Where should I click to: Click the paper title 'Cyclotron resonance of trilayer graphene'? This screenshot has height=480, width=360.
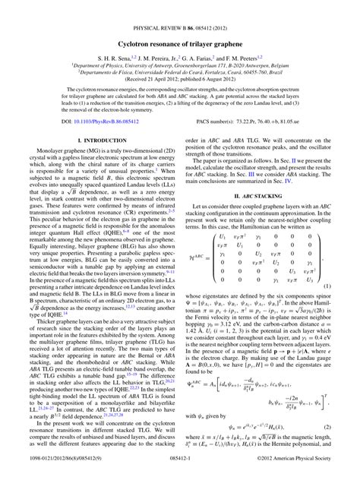180,24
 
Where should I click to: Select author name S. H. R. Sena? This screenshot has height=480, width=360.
115,37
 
